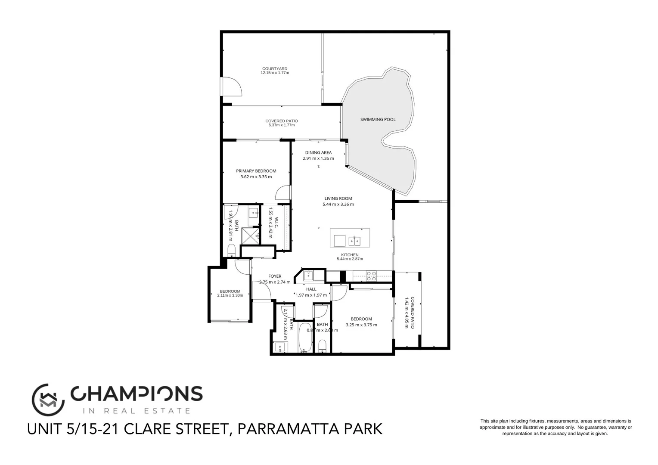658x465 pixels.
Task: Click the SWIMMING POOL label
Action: (x=378, y=119)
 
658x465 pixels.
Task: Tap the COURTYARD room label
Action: (x=275, y=69)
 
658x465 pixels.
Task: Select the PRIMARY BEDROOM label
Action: (x=256, y=171)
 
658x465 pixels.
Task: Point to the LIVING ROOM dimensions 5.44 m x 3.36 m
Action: (x=338, y=205)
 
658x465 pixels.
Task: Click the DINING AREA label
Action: (x=318, y=152)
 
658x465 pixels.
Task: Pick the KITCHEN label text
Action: (x=350, y=255)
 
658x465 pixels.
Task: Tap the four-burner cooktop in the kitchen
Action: (x=371, y=276)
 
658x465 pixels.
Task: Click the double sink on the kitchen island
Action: (x=354, y=240)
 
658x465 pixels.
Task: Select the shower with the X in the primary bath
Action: (x=250, y=236)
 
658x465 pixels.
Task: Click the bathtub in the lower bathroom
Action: (x=305, y=337)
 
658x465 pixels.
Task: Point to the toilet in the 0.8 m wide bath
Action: (x=322, y=345)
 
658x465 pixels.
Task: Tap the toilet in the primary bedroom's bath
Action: (x=231, y=250)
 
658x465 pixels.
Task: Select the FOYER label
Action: (x=275, y=276)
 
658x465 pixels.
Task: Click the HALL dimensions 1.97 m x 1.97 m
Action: (x=311, y=295)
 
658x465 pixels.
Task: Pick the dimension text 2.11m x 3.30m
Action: (x=230, y=295)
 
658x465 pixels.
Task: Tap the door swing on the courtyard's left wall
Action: (x=231, y=87)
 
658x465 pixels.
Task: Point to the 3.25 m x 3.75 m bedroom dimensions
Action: (x=361, y=325)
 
